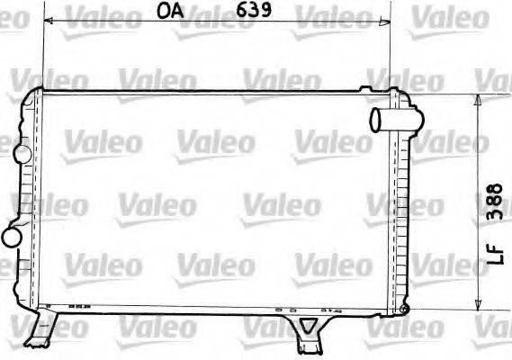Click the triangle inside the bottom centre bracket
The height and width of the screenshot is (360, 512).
tap(309, 326)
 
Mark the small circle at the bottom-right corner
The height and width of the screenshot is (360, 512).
tap(403, 310)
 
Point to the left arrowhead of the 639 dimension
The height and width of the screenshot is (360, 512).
tap(48, 21)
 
